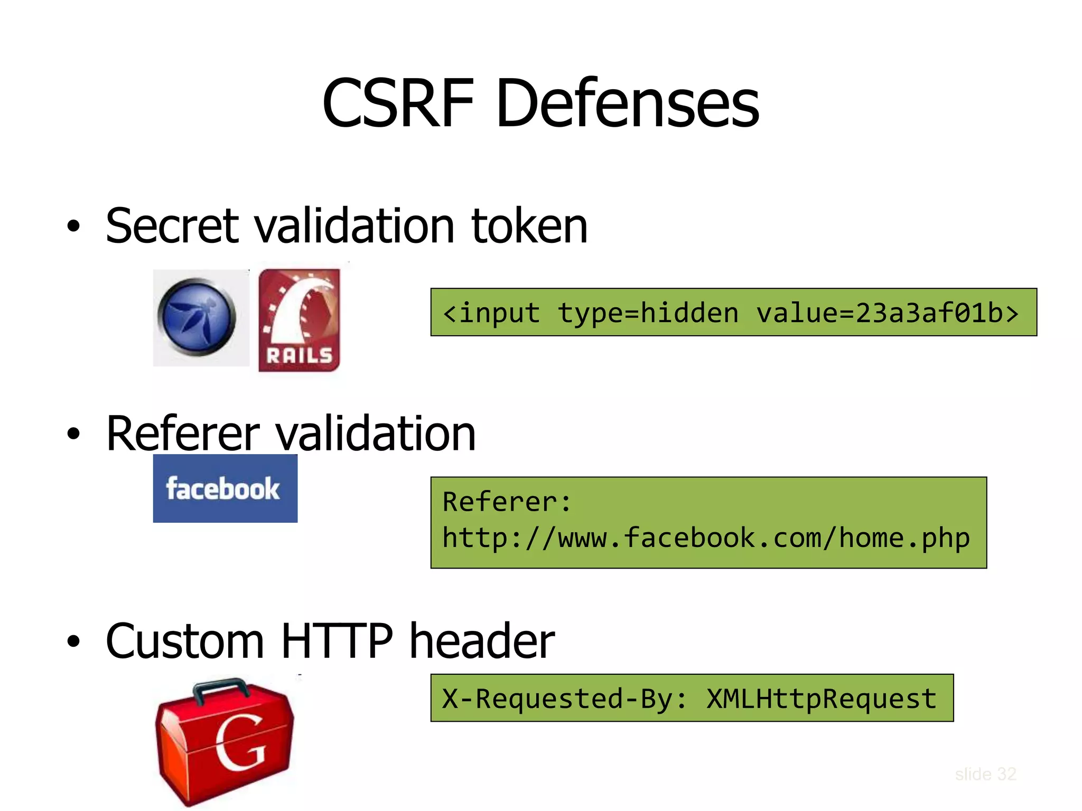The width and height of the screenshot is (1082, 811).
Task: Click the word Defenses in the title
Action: click(627, 102)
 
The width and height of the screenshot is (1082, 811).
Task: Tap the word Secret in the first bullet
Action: click(172, 226)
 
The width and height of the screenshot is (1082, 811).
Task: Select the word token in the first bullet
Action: click(529, 226)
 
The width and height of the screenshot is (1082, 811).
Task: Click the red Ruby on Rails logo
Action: click(299, 319)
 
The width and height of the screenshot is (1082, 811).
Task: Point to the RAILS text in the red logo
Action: click(299, 355)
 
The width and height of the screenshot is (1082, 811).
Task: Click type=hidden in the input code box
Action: click(648, 313)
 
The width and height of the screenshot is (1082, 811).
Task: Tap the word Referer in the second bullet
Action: click(183, 434)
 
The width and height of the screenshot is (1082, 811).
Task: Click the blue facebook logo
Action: click(225, 488)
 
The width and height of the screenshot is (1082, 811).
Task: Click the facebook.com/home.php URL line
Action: click(706, 538)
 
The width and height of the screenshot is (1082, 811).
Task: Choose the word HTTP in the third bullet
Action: click(337, 641)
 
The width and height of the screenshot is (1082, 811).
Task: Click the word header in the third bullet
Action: click(482, 641)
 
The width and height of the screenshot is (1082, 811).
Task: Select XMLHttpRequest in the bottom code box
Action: click(821, 699)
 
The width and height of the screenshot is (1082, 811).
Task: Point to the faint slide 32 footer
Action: click(985, 774)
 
